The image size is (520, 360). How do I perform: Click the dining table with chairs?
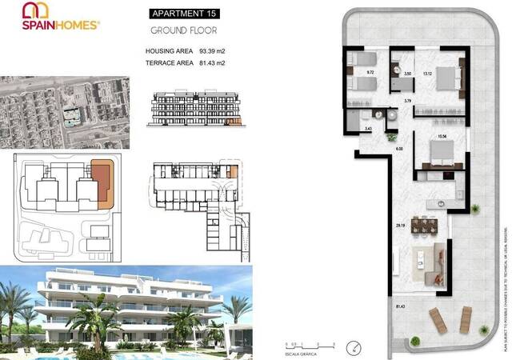(x=425, y=226)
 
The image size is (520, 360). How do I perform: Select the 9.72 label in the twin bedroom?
(x=370, y=73)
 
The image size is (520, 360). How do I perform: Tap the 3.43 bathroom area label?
(x=368, y=128)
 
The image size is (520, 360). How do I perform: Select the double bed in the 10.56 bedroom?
(x=439, y=153)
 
